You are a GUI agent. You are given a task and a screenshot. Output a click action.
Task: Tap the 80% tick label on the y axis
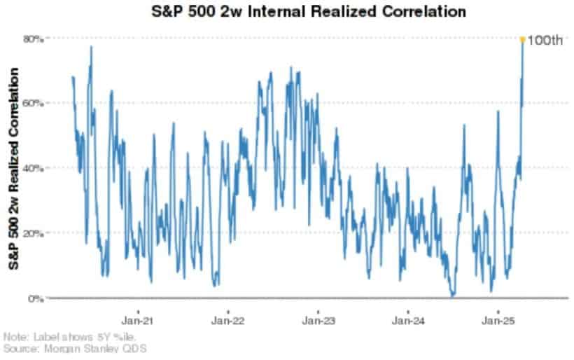(x=35, y=39)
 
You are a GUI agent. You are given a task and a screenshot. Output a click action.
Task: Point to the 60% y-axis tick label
(x=35, y=103)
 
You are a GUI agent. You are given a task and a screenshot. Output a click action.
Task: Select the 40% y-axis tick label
(x=35, y=168)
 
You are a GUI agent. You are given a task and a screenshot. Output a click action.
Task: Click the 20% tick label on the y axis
(x=35, y=233)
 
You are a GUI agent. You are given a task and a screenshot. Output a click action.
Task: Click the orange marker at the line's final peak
(x=522, y=39)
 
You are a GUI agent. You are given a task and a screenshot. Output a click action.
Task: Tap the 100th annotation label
(x=545, y=40)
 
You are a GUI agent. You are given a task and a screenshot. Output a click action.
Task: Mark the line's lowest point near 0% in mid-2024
(x=453, y=296)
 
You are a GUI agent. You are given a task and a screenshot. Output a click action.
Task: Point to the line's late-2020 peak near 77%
(x=91, y=47)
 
